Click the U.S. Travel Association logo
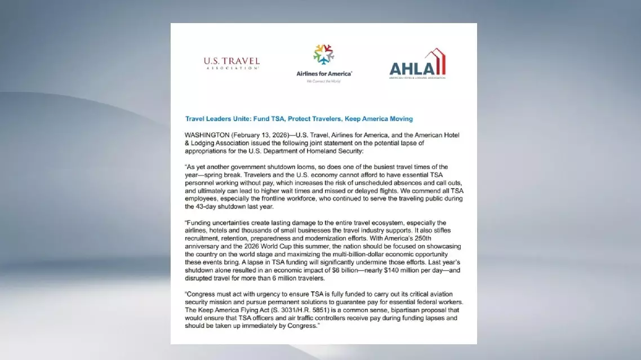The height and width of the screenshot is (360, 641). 232,63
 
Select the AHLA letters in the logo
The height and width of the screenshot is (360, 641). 412,68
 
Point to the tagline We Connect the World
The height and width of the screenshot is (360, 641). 324,81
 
